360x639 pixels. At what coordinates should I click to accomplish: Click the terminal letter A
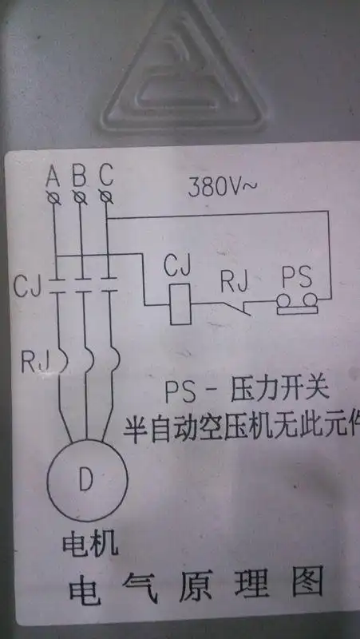click(x=54, y=173)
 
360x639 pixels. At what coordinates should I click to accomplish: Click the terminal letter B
click(x=80, y=173)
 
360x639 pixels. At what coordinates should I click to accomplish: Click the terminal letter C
click(x=106, y=173)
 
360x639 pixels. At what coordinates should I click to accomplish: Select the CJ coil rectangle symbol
click(x=180, y=303)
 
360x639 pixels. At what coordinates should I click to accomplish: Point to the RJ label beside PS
click(x=237, y=280)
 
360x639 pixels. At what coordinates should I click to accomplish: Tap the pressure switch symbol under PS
click(x=297, y=304)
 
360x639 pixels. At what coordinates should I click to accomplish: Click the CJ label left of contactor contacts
click(x=28, y=286)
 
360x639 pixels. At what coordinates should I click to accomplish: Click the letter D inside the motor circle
click(x=85, y=478)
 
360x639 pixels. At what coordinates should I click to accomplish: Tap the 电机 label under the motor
click(x=90, y=545)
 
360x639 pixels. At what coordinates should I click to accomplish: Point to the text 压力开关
click(x=279, y=394)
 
